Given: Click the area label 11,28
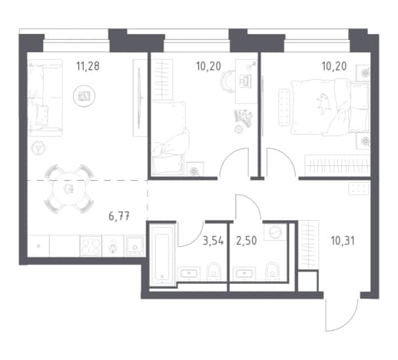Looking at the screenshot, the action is (88, 66).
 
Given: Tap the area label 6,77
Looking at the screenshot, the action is (119, 216).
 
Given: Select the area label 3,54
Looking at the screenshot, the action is (213, 241).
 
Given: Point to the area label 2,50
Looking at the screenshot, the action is (247, 241).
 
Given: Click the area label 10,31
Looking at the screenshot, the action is (343, 241).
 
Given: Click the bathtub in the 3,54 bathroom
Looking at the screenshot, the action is (162, 255).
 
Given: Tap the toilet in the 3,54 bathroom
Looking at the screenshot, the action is (214, 272).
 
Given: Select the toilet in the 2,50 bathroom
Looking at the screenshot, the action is (272, 272).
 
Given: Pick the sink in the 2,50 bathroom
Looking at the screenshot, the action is (244, 274).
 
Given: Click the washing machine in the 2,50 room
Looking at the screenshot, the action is (276, 232).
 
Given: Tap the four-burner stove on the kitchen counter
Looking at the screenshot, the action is (91, 246).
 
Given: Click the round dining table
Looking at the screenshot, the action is (68, 189).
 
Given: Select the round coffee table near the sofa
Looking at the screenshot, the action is (84, 96).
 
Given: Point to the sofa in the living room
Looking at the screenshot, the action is (45, 98).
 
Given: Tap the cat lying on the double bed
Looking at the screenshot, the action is (323, 103).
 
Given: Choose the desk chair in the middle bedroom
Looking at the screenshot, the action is (228, 82).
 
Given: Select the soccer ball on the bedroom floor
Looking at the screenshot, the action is (237, 129).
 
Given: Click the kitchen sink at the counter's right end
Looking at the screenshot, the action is (134, 246).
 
